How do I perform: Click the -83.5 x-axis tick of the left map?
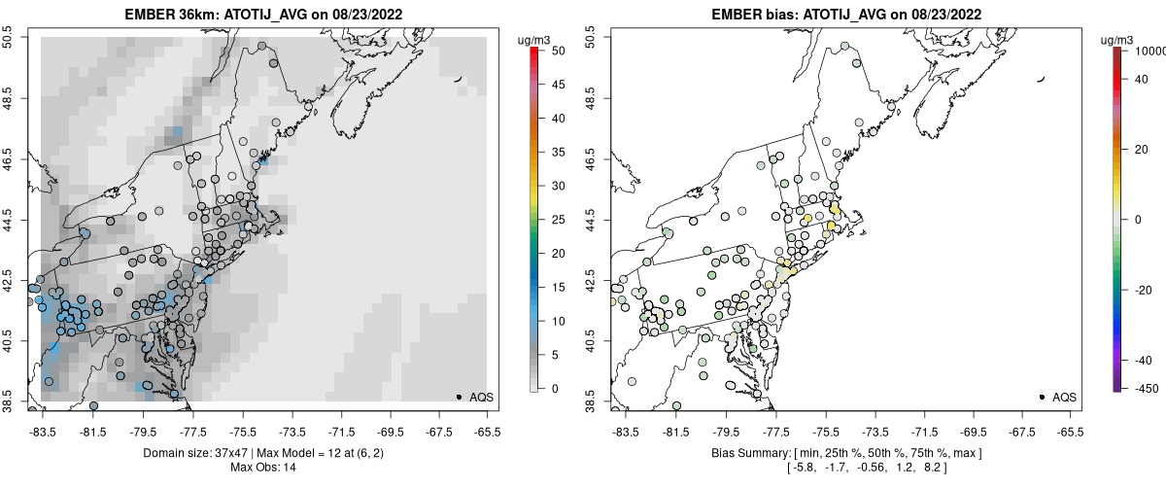click(x=43, y=427)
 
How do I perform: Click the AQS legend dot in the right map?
click(x=1042, y=397)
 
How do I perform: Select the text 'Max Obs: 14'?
click(x=262, y=468)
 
